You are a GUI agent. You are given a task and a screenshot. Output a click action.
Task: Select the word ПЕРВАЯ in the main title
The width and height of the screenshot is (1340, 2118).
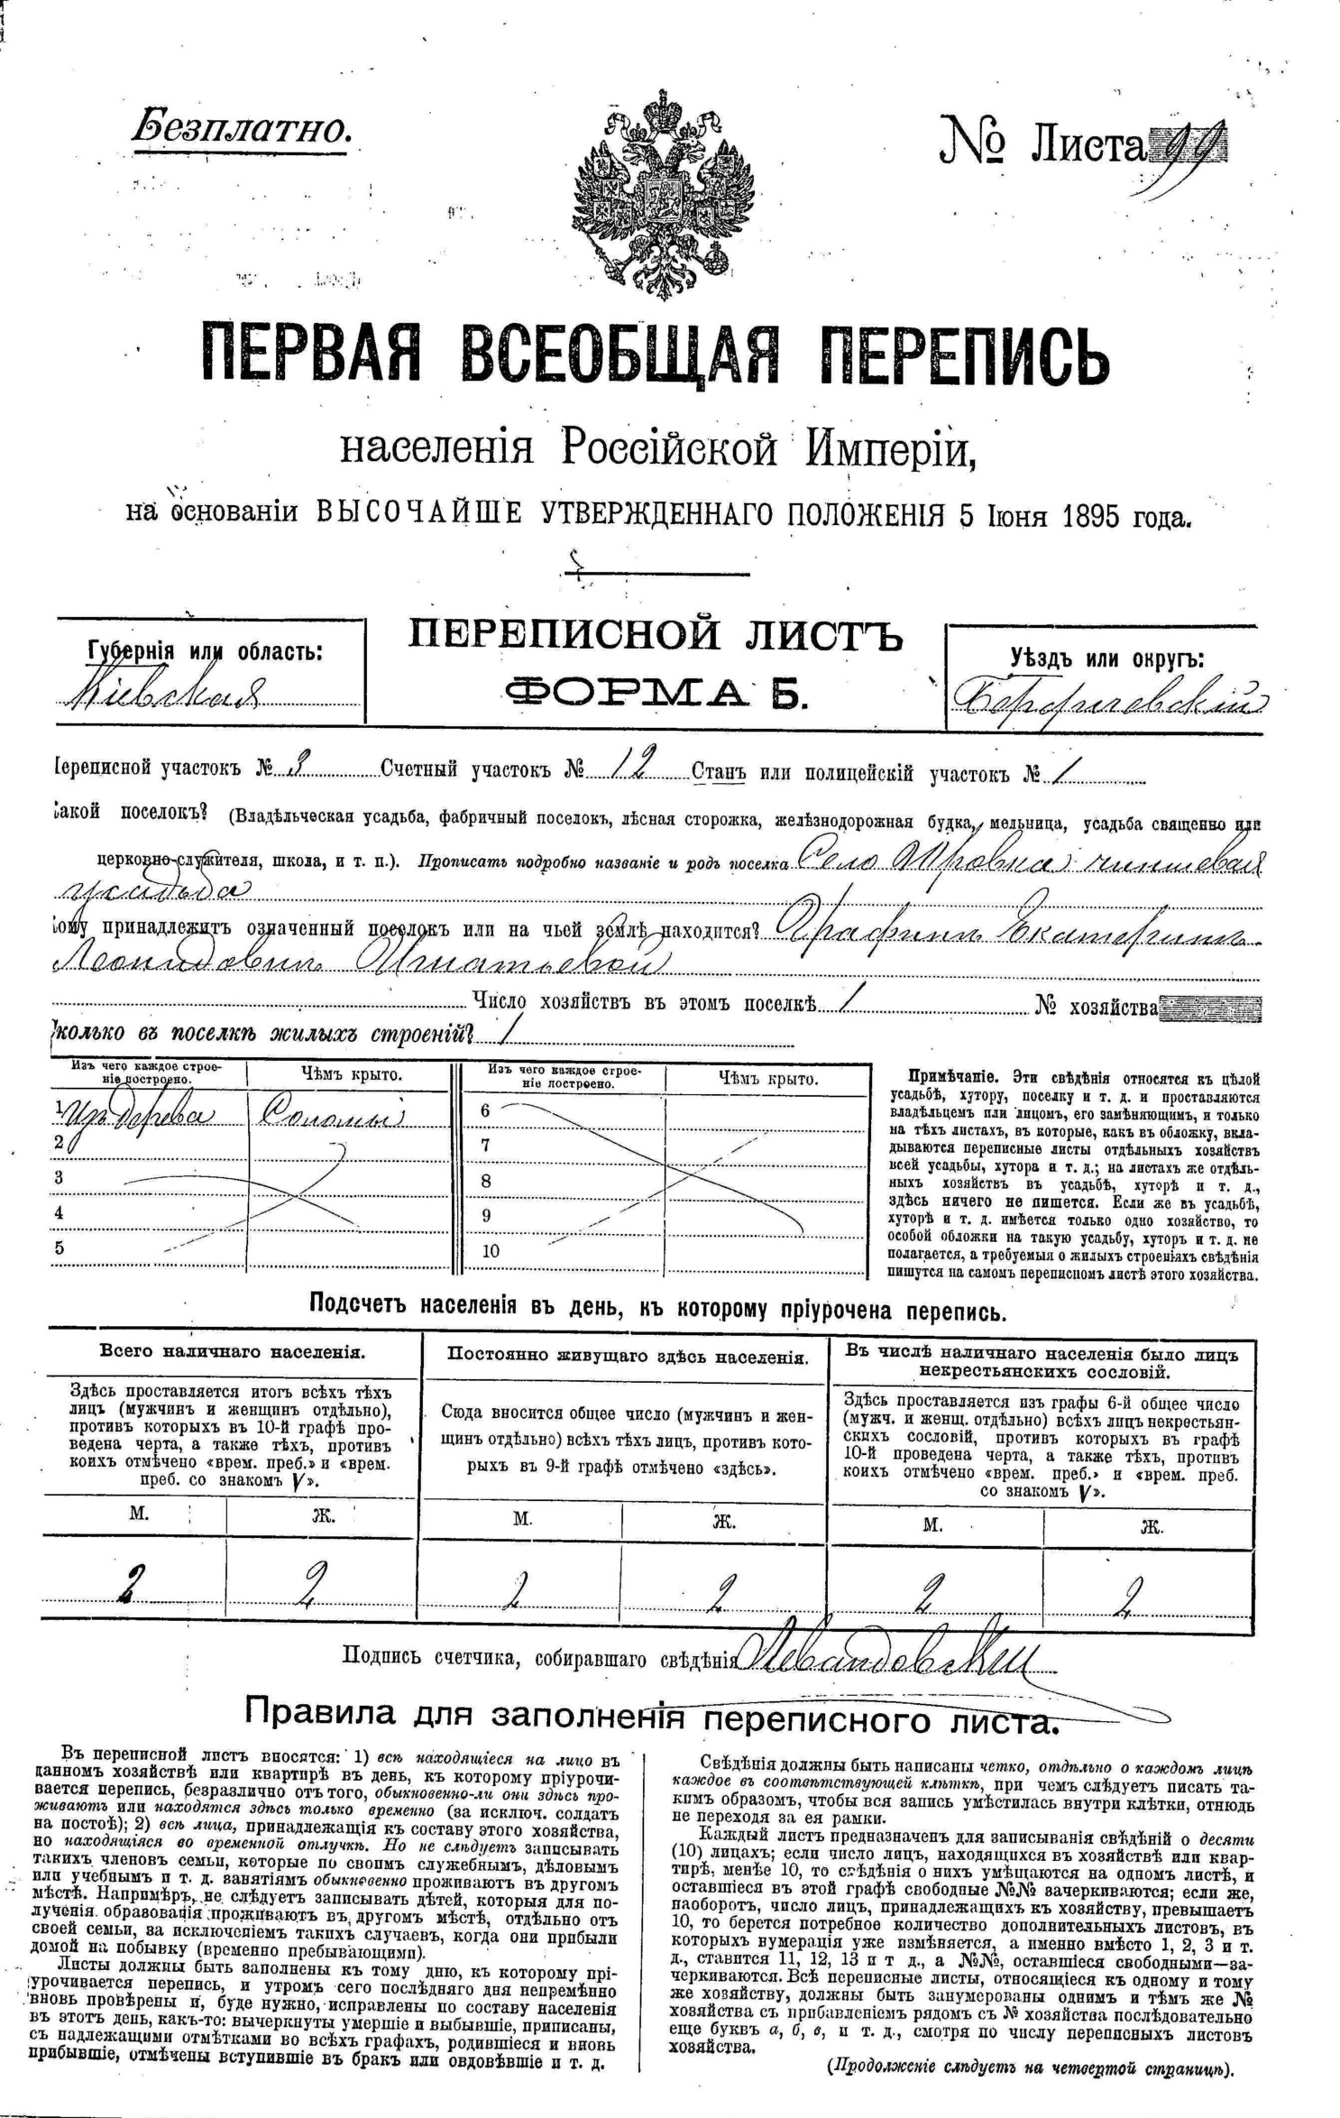(x=311, y=353)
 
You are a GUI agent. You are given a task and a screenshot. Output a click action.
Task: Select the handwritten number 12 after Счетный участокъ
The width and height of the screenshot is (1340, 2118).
(x=630, y=768)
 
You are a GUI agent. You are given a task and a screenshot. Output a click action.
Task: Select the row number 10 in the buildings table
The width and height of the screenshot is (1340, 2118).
(x=491, y=1251)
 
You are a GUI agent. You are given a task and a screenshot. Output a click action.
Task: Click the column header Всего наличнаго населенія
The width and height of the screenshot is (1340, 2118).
(x=233, y=1352)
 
